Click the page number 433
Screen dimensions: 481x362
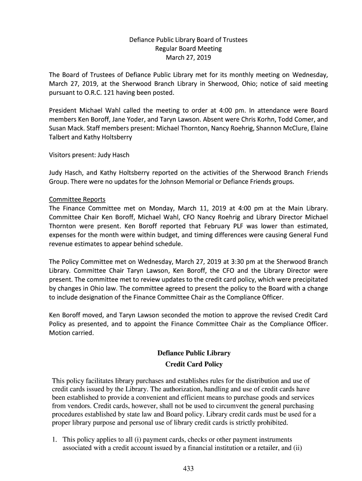pyautogui.click(x=189, y=468)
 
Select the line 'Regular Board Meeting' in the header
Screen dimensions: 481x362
pyautogui.click(x=188, y=49)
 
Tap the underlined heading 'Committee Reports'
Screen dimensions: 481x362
pyautogui.click(x=77, y=199)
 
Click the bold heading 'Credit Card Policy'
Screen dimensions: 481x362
pyautogui.click(x=194, y=364)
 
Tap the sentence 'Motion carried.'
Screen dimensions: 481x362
pyautogui.click(x=71, y=334)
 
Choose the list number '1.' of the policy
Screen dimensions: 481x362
pyautogui.click(x=55, y=440)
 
